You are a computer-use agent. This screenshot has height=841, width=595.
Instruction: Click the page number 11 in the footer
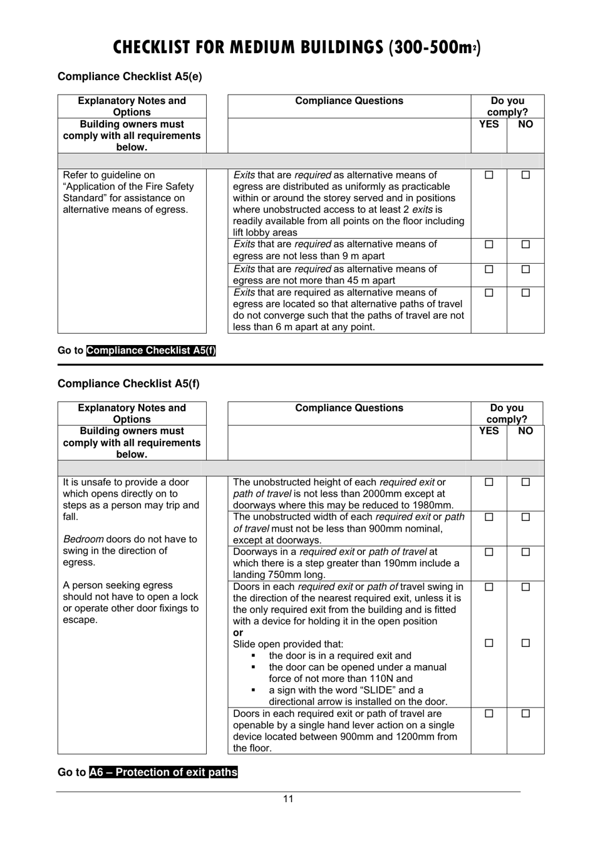coord(288,799)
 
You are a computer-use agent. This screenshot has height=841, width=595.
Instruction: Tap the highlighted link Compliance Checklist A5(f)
coord(151,351)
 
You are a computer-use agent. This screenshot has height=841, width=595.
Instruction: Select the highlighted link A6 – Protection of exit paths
coord(163,772)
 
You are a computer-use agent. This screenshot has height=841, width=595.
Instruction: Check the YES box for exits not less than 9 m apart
coord(489,245)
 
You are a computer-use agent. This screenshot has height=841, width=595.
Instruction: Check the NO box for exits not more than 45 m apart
coord(525,270)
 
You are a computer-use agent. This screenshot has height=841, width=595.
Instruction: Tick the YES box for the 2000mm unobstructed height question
coord(489,483)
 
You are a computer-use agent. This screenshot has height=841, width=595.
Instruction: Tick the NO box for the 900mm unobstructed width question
coord(525,517)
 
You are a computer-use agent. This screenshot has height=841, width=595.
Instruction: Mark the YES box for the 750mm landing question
coord(489,552)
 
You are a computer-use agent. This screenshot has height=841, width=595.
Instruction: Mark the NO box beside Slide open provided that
coord(525,643)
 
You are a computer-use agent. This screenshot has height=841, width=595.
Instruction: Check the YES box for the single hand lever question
coord(489,713)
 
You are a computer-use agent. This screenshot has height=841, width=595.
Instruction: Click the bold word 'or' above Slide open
coord(238,632)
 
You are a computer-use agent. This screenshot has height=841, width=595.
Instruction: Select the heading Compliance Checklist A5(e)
coord(130,76)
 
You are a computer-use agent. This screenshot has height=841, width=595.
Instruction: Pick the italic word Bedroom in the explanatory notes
coord(83,539)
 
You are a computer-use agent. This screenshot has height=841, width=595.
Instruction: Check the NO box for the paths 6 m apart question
coord(525,293)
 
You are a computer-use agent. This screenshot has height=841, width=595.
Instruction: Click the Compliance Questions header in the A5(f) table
coord(349,408)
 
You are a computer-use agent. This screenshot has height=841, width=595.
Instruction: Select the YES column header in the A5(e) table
coord(489,124)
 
